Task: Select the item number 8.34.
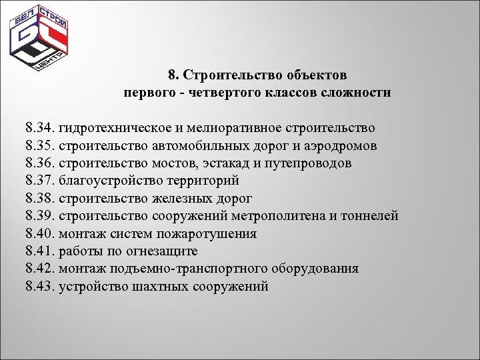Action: coord(41,127)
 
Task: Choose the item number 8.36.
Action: coord(41,163)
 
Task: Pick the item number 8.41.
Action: coord(41,252)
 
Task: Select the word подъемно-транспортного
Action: coord(183,269)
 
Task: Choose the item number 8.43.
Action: coord(41,287)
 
